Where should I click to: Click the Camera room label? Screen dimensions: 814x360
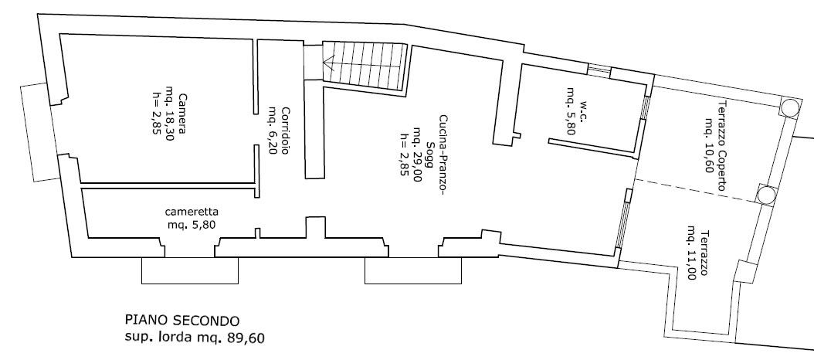182,114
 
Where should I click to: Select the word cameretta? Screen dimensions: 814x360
192,212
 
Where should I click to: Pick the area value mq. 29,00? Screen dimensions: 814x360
416,155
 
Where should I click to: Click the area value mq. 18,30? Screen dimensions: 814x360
170,114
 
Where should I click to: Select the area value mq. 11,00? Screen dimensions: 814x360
691,253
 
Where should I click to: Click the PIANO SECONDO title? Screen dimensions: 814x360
181,320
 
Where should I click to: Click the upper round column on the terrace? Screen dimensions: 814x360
789,107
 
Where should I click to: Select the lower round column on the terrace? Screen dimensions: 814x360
765,195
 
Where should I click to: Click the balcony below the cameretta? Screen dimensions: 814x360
190,270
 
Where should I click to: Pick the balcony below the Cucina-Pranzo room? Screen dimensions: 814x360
413,270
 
